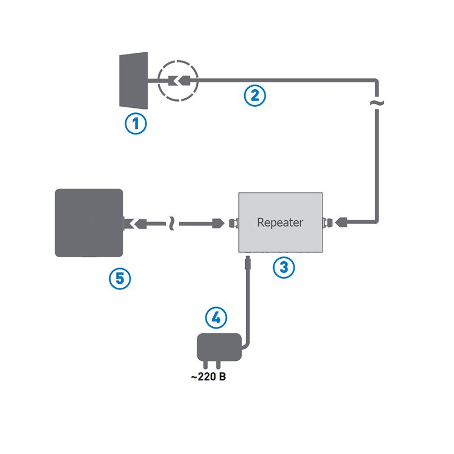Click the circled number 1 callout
coord(136,123)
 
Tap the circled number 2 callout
coord(255,95)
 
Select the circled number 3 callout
coord(284,267)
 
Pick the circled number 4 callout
coord(216,317)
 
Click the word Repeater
coord(280,222)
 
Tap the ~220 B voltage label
coord(208,377)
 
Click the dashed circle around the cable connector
coord(178,81)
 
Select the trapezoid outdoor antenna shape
coord(134,79)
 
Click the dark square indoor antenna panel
coord(89,222)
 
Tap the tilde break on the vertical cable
coord(377,103)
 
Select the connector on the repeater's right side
coord(329,222)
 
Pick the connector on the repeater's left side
coord(233,223)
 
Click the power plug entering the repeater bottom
coord(246,263)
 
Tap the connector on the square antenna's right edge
coord(129,223)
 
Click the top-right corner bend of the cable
coord(375,82)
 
